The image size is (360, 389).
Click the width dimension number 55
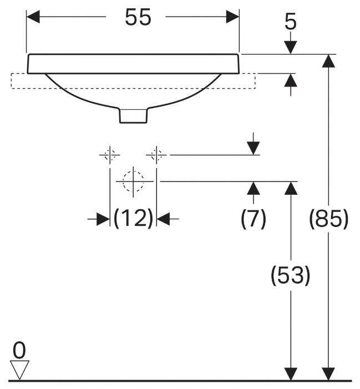pos(138,17)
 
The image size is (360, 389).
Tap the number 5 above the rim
pos(290,22)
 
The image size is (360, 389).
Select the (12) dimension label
pos(133,218)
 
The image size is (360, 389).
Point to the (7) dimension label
pos(253,218)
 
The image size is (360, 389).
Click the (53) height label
pos(290,275)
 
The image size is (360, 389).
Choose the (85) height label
pos(328,218)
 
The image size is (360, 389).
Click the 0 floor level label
pos(19,350)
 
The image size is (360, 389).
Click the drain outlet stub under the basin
pos(133,115)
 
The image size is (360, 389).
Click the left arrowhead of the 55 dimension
pos(33,17)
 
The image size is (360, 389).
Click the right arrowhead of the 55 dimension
pos(232,17)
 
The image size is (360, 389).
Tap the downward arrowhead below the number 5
pos(291,47)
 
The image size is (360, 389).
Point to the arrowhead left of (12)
pos(103,219)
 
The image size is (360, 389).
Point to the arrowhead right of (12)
pos(163,219)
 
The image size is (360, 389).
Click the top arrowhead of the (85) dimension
pos(328,61)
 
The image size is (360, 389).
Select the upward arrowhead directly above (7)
pos(253,188)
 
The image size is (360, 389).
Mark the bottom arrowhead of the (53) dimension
pos(291,374)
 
